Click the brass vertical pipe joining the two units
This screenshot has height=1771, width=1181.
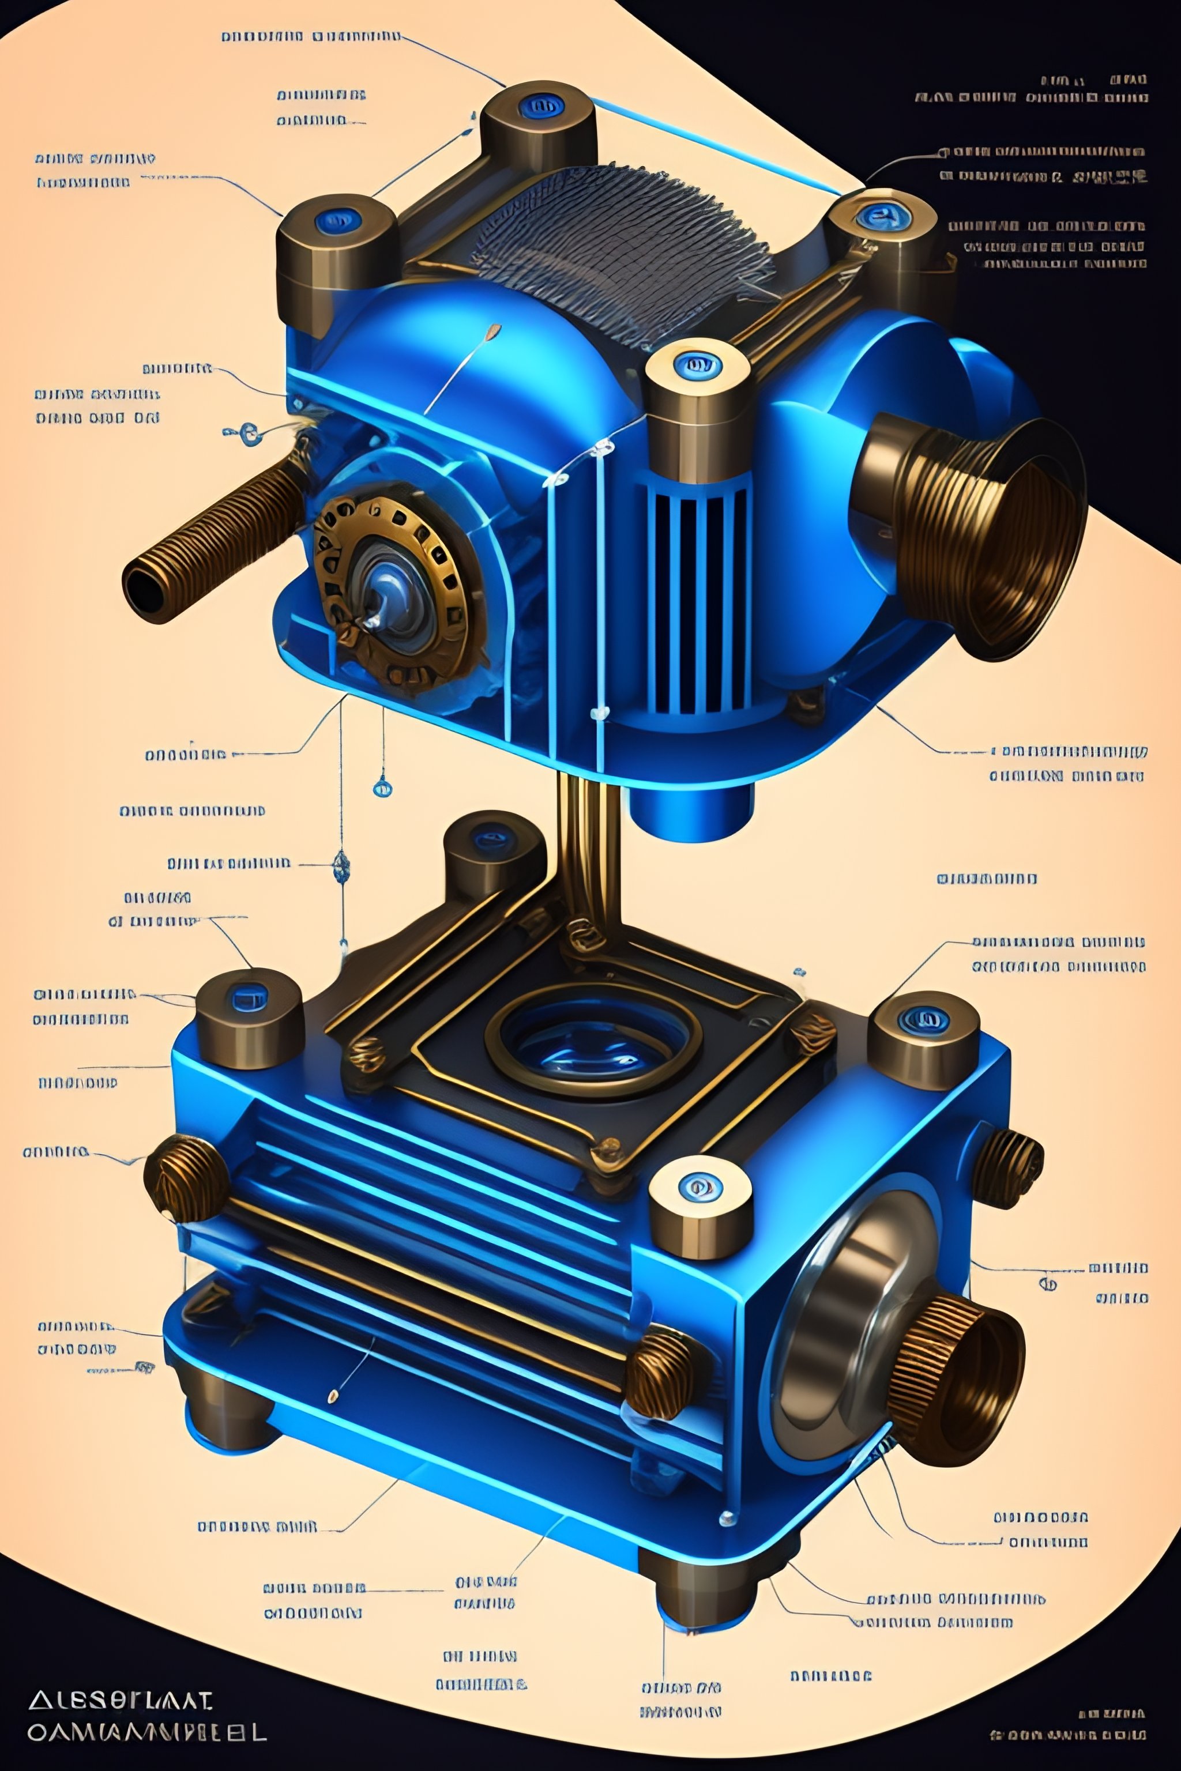click(x=588, y=851)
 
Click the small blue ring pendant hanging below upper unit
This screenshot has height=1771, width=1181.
click(x=383, y=789)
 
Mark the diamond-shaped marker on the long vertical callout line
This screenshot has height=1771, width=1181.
click(x=341, y=866)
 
